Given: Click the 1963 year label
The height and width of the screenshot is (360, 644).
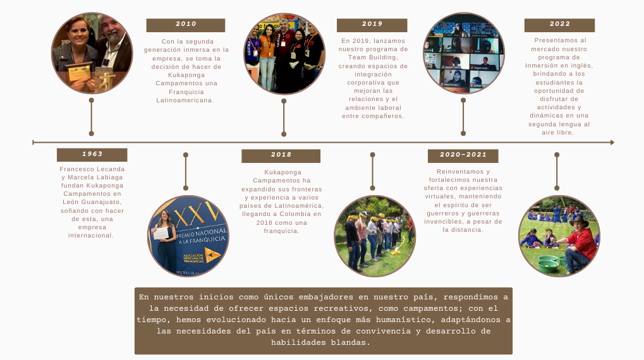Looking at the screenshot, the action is tap(92, 154).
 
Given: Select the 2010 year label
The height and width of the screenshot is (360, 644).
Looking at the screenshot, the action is tap(186, 25).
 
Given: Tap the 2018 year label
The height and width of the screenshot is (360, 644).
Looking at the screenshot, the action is tap(281, 155).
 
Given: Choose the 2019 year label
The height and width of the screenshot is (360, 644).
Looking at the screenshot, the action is tap(372, 25).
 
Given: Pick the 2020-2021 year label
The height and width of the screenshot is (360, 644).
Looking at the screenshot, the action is tap(463, 155).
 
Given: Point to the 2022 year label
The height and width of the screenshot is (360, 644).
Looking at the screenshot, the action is tap(559, 25).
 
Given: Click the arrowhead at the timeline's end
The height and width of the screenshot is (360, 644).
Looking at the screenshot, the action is tap(612, 143).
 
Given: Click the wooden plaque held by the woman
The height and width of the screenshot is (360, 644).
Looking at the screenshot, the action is tap(80, 72).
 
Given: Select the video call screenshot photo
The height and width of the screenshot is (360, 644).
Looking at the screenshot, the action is tap(464, 53).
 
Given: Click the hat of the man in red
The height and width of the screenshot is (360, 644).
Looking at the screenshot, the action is tap(579, 222).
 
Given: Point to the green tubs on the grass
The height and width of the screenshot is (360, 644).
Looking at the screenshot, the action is tap(550, 263).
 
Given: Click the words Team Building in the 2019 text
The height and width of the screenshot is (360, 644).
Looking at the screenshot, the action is tap(373, 57).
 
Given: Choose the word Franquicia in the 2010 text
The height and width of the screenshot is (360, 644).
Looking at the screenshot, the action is tap(186, 92).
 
